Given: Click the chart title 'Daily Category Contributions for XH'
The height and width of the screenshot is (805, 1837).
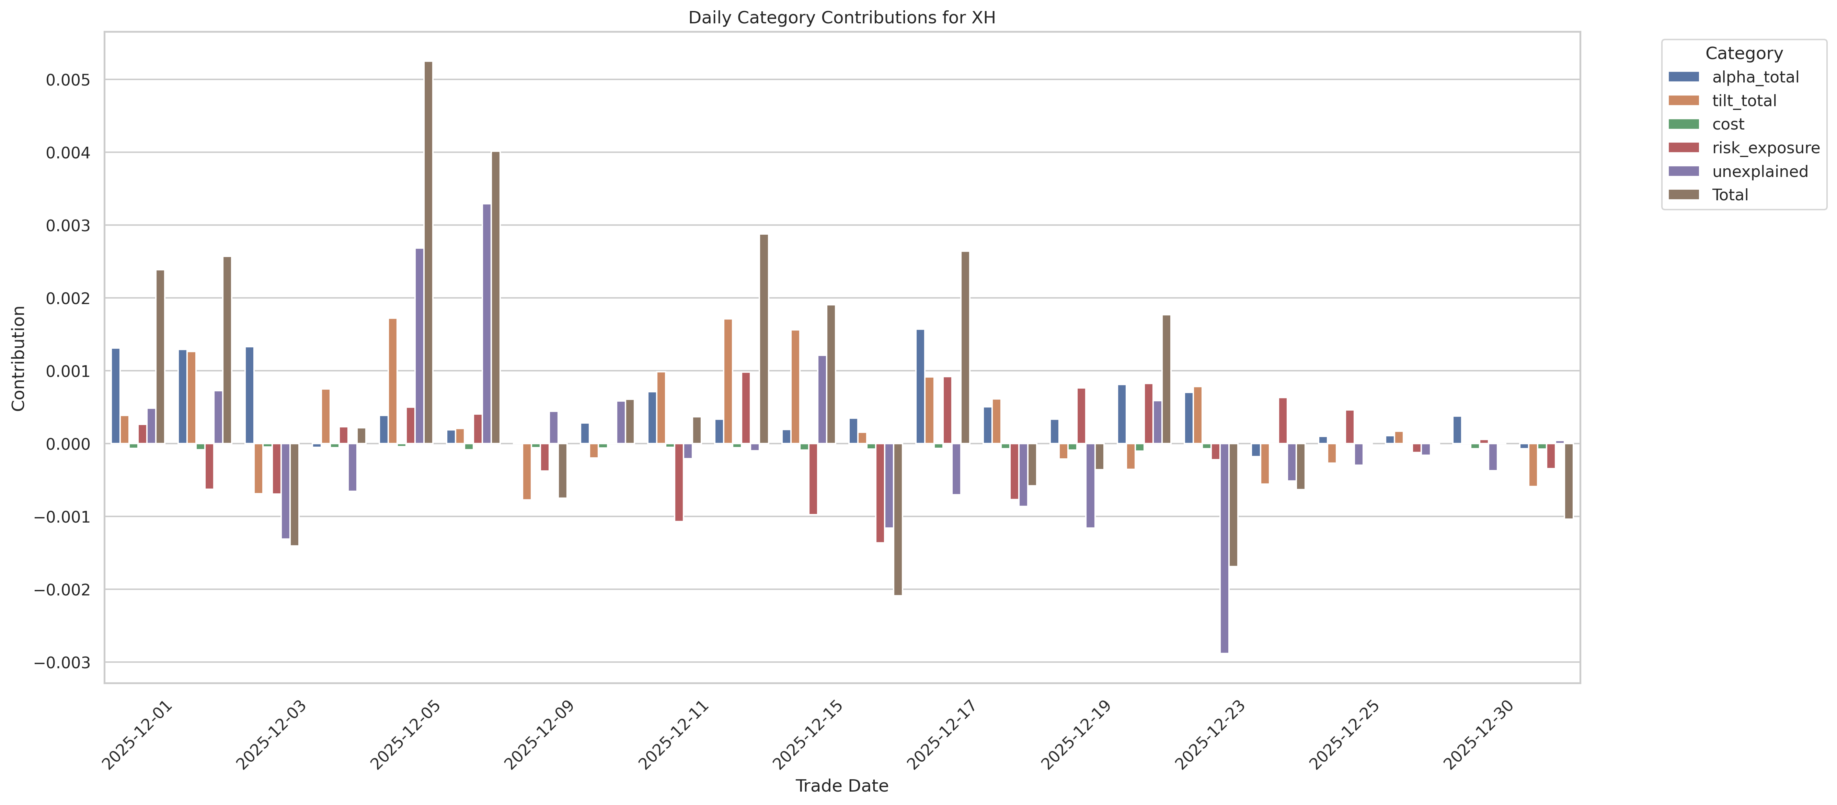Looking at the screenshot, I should click(x=841, y=18).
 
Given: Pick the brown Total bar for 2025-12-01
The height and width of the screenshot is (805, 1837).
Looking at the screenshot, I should click(x=160, y=357).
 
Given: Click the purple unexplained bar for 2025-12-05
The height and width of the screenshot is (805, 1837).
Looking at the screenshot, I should click(x=419, y=346).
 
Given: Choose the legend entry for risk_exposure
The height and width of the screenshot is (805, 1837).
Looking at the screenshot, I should click(x=1765, y=148).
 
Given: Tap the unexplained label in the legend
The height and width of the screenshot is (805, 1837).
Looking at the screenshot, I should click(x=1759, y=171).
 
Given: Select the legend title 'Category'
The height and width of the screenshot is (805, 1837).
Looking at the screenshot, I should click(x=1744, y=54).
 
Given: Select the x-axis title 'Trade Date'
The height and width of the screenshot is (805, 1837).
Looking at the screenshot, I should click(x=841, y=786).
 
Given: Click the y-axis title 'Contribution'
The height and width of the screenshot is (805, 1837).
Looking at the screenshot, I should click(x=19, y=358).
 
